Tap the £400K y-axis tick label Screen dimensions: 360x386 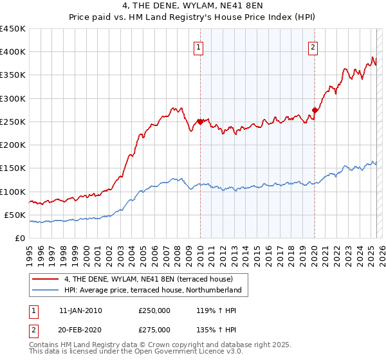pos(13,52)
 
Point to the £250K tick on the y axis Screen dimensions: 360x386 pos(13,122)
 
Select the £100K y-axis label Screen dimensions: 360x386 pos(13,192)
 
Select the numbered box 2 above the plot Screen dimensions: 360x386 pos(313,46)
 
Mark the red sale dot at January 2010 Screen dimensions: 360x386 pos(200,122)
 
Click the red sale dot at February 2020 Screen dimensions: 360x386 pos(315,110)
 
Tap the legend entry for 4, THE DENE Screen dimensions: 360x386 pos(152,279)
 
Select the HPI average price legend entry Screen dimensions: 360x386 pos(152,290)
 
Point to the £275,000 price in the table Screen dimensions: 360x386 pos(154,330)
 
